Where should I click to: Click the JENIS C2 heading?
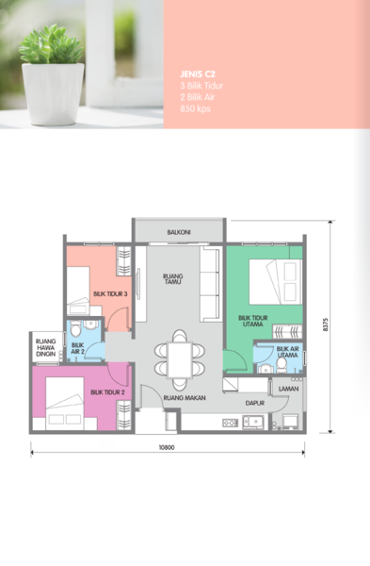tap(198, 75)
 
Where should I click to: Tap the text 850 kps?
tap(195, 108)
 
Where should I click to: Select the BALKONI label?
tap(179, 232)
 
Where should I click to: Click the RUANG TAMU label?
tap(173, 278)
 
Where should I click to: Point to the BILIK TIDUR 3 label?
tap(110, 293)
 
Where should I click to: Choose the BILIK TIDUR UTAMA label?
tap(253, 321)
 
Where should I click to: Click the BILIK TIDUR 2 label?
tap(107, 392)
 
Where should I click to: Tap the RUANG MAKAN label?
tap(185, 398)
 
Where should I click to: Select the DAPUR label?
tap(255, 403)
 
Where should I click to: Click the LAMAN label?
tap(289, 389)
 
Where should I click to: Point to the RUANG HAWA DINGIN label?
tap(46, 347)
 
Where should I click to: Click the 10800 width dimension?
tap(167, 447)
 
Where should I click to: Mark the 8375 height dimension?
tap(326, 325)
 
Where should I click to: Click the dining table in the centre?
tap(180, 360)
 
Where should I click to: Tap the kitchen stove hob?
tap(231, 423)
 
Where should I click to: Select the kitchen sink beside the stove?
tap(253, 422)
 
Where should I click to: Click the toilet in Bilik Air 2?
tap(75, 328)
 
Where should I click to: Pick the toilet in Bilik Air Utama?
tap(282, 365)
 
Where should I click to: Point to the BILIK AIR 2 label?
tap(77, 348)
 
